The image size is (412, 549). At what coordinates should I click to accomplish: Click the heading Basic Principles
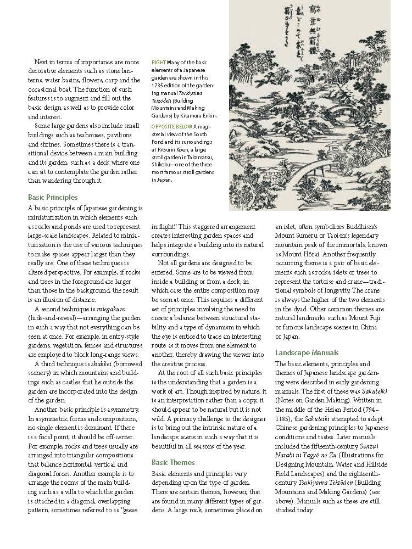pyautogui.click(x=53, y=197)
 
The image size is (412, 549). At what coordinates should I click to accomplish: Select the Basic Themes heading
pyautogui.click(x=173, y=462)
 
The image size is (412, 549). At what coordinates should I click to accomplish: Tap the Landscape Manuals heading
pyautogui.click(x=307, y=352)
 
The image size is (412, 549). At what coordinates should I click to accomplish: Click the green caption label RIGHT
pyautogui.click(x=158, y=63)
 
